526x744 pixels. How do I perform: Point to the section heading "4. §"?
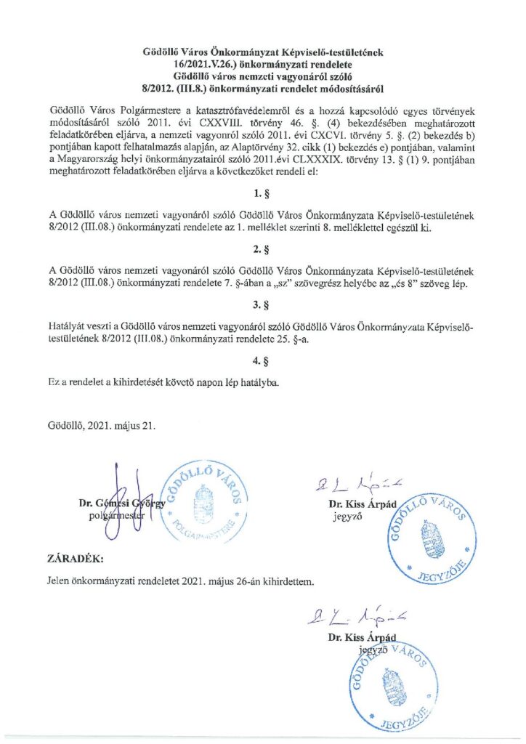point(262,359)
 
